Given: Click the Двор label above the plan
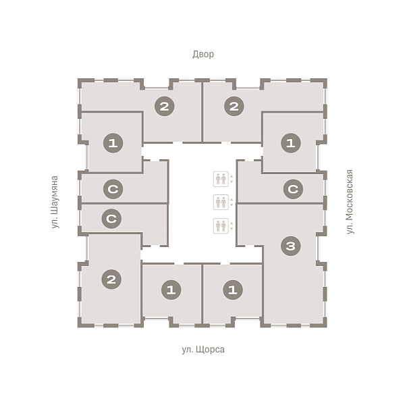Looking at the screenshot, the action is pyautogui.click(x=203, y=55).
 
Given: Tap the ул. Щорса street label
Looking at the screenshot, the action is pyautogui.click(x=203, y=350).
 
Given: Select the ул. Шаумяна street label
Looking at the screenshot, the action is pyautogui.click(x=55, y=202).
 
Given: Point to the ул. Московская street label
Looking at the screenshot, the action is pyautogui.click(x=350, y=202).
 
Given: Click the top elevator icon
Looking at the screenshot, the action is pyautogui.click(x=221, y=179).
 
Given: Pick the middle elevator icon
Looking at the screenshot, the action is pyautogui.click(x=221, y=202).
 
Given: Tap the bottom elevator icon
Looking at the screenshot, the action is pyautogui.click(x=221, y=225).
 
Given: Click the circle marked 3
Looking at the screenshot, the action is pyautogui.click(x=290, y=246).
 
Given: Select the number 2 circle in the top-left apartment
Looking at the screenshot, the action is pyautogui.click(x=165, y=106).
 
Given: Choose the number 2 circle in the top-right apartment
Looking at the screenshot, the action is pyautogui.click(x=234, y=106).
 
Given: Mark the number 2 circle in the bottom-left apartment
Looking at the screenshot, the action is pyautogui.click(x=111, y=279).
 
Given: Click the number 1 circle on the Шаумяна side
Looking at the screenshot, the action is pyautogui.click(x=113, y=143).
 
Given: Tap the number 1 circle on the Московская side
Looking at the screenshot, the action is pyautogui.click(x=291, y=143).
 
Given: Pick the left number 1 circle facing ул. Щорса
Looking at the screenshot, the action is pyautogui.click(x=171, y=290).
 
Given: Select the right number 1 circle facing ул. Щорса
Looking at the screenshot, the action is pyautogui.click(x=233, y=290).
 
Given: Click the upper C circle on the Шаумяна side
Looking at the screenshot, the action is pyautogui.click(x=113, y=189).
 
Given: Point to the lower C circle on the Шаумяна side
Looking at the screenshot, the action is pyautogui.click(x=111, y=219).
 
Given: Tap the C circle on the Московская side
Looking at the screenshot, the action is pyautogui.click(x=293, y=189).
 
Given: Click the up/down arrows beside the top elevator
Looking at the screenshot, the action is pyautogui.click(x=232, y=179).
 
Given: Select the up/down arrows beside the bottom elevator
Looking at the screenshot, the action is pyautogui.click(x=232, y=226).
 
